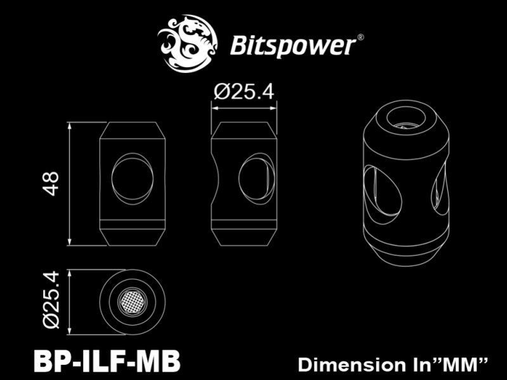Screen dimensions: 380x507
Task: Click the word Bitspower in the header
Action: coord(291,45)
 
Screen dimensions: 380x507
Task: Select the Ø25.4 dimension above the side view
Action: coord(243,93)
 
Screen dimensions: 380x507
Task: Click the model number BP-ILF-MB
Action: coord(106,362)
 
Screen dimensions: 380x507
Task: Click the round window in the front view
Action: coord(132,180)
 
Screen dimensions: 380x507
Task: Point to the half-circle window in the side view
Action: coord(257,180)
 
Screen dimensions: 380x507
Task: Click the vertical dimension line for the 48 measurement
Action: coord(70,184)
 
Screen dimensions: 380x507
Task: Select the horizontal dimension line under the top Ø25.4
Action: coord(243,108)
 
